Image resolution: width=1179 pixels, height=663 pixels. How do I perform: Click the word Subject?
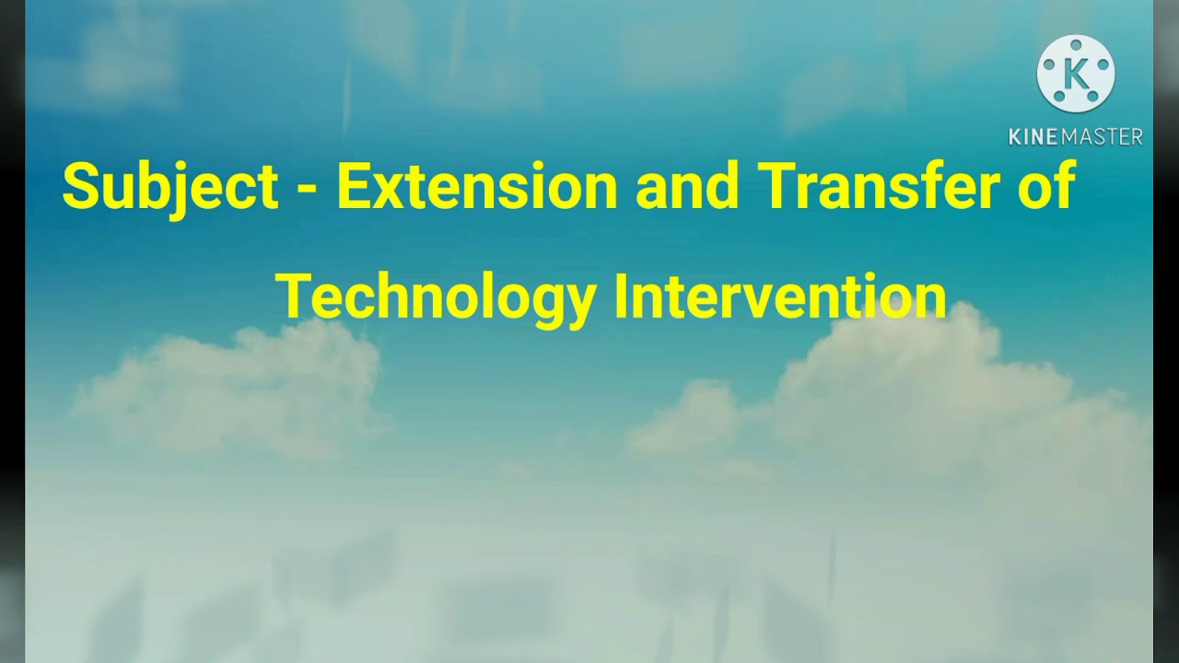[170, 187]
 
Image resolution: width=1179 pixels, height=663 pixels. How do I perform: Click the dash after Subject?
[308, 190]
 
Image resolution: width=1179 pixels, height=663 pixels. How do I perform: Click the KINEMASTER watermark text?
[1075, 137]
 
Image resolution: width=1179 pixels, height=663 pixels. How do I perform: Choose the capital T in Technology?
[294, 297]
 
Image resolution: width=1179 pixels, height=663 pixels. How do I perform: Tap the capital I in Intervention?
[620, 297]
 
